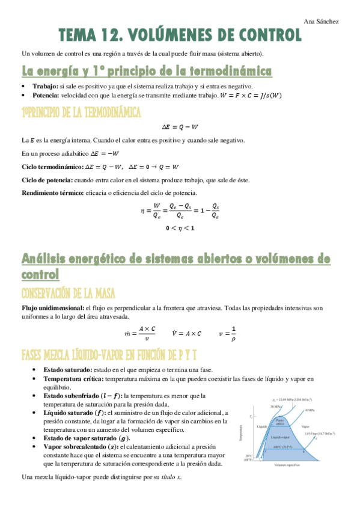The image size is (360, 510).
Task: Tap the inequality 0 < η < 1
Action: click(180, 229)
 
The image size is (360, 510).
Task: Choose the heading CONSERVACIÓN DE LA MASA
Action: click(78, 293)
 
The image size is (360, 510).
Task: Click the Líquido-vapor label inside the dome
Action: click(281, 438)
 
